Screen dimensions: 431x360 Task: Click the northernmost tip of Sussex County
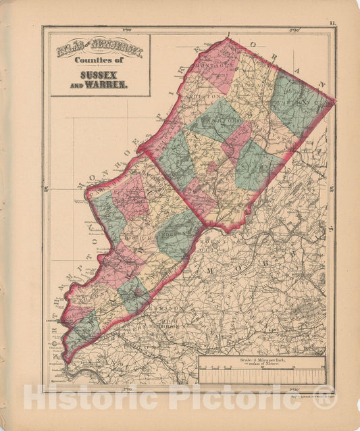point(228,39)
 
